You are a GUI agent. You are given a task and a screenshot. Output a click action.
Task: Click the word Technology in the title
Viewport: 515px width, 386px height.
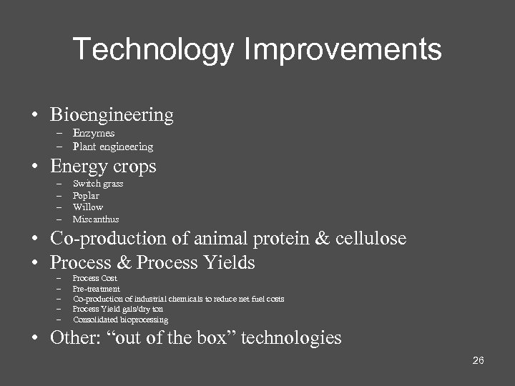(x=153, y=50)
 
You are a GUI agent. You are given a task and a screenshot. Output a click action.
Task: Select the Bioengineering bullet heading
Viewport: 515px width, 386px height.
(x=112, y=114)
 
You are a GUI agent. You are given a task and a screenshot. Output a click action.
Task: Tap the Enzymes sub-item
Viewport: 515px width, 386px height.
(x=94, y=133)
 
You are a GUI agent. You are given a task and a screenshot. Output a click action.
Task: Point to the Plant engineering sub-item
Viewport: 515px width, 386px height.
(x=113, y=147)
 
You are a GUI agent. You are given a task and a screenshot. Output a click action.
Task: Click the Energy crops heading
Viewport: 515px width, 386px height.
(x=103, y=167)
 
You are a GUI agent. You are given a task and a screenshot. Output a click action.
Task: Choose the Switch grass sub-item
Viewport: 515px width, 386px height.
(x=98, y=184)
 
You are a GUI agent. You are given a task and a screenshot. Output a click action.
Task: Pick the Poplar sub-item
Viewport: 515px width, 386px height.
(x=86, y=196)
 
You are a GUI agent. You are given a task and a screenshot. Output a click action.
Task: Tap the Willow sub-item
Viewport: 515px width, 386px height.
(x=88, y=207)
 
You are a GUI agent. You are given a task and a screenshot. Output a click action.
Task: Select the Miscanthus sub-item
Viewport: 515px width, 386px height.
(x=96, y=219)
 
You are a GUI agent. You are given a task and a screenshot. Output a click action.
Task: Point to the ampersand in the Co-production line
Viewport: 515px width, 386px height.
(x=323, y=238)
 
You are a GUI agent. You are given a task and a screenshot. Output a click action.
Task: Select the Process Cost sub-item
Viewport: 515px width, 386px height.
(x=95, y=278)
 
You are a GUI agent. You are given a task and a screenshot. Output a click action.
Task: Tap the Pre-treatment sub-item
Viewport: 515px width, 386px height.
(x=97, y=289)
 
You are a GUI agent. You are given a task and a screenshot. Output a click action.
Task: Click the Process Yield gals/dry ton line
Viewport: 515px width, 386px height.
(x=118, y=309)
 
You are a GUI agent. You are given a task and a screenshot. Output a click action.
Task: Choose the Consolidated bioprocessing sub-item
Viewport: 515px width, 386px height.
(x=121, y=320)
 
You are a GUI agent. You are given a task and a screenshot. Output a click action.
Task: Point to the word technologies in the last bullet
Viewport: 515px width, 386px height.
(x=291, y=337)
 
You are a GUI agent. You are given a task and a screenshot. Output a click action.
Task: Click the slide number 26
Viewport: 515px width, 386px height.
(x=479, y=360)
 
